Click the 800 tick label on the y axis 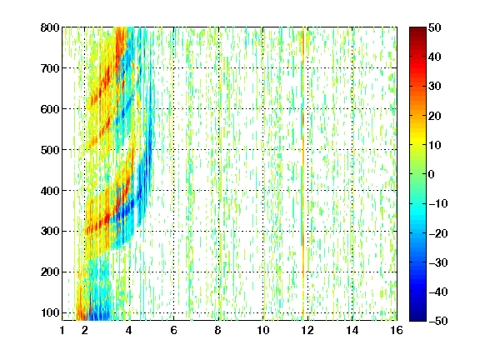click(50, 27)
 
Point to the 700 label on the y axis click(50, 68)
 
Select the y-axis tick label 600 click(50, 109)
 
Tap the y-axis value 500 click(50, 150)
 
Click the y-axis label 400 click(50, 190)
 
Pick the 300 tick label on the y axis click(50, 231)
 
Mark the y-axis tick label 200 click(50, 272)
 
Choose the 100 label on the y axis click(50, 312)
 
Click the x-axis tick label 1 click(62, 330)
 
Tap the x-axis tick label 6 click(173, 330)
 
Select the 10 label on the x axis click(263, 330)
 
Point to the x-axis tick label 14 click(352, 330)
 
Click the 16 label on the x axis click(397, 330)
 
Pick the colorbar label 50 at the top click(435, 27)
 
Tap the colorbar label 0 click(432, 174)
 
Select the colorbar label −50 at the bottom click(438, 321)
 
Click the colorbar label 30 click(435, 87)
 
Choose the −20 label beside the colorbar click(438, 233)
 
